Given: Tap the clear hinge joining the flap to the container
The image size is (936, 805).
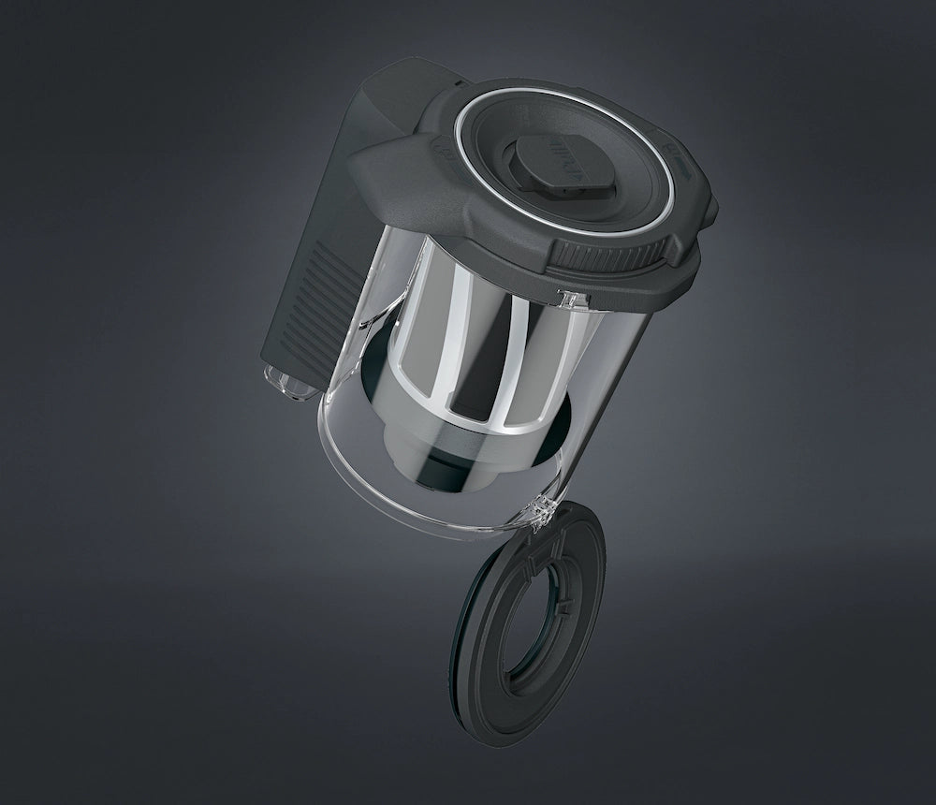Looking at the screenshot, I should (540, 509).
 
